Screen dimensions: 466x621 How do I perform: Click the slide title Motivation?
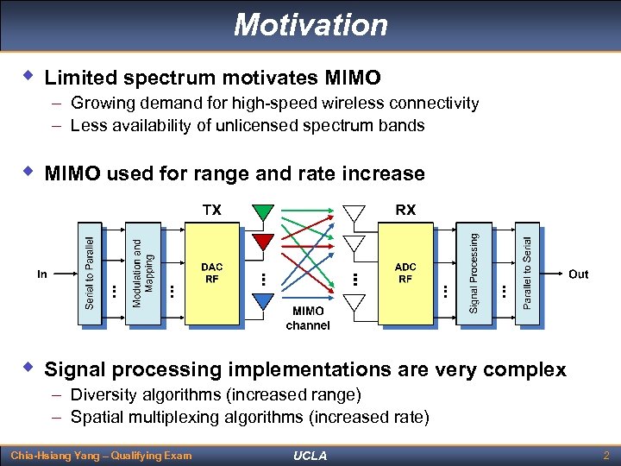tap(310, 24)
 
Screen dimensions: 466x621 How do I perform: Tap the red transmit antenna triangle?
tap(263, 239)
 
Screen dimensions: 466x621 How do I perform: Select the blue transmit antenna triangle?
tap(263, 299)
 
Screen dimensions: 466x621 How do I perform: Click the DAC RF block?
tap(211, 274)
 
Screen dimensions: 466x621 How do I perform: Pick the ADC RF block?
tap(405, 274)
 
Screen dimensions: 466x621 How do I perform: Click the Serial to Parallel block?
tap(90, 274)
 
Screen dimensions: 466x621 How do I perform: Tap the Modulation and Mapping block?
tap(144, 274)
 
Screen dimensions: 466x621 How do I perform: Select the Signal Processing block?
tap(474, 274)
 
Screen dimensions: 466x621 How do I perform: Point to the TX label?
tap(211, 210)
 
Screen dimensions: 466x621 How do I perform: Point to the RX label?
tap(405, 210)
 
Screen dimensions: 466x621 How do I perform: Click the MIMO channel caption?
tap(308, 318)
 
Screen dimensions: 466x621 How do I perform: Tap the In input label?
tap(42, 274)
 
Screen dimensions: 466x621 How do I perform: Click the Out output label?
tap(578, 274)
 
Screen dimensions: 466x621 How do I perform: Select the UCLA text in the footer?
tap(310, 455)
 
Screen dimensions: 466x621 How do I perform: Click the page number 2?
tap(607, 454)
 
